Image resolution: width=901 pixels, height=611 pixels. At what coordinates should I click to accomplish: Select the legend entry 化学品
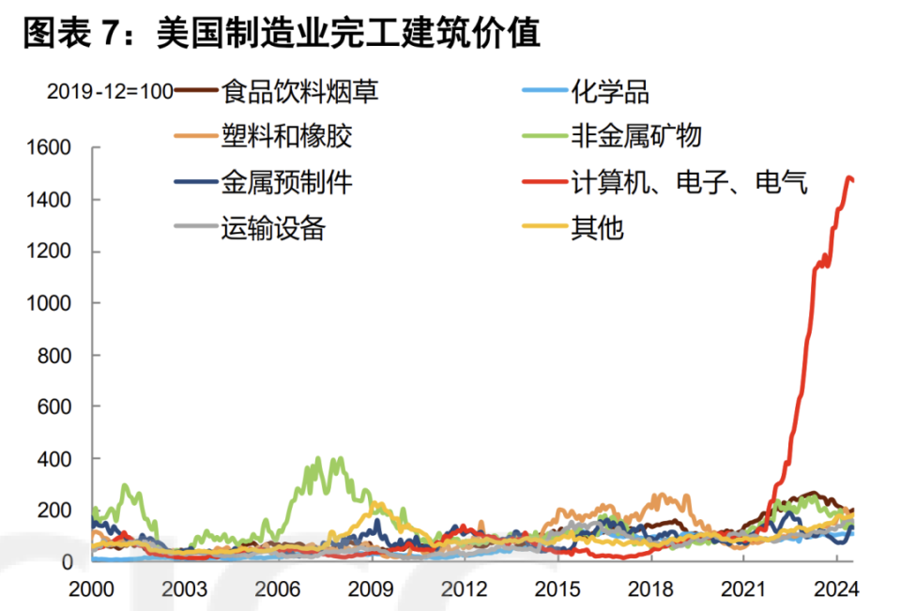(610, 91)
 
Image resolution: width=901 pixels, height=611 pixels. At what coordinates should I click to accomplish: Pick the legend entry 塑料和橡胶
(286, 137)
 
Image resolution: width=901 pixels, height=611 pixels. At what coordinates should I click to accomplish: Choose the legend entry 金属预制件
(286, 181)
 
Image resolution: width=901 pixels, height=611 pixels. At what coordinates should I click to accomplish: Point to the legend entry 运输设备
(273, 226)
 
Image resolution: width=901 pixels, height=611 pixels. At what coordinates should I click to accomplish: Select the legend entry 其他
(597, 226)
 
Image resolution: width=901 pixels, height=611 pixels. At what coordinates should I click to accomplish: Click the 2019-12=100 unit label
(110, 92)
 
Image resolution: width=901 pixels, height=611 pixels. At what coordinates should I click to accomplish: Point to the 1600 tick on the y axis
(53, 148)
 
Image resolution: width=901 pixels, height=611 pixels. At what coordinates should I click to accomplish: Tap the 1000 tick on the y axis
(53, 303)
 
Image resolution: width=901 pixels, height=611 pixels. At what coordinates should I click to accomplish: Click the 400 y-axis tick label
(58, 458)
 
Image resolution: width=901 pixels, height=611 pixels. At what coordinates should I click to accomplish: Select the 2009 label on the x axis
(370, 589)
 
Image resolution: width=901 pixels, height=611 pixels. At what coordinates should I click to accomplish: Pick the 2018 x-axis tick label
(649, 589)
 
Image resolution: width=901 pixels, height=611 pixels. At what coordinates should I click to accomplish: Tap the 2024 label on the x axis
(834, 589)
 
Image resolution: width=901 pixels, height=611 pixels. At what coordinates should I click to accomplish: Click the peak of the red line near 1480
(849, 177)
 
